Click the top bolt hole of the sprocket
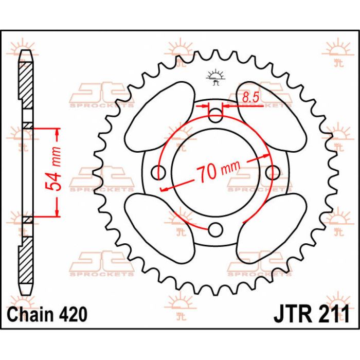click(215, 115)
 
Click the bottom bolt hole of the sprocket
click(215, 229)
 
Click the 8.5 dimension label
click(251, 97)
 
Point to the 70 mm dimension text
click(218, 171)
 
